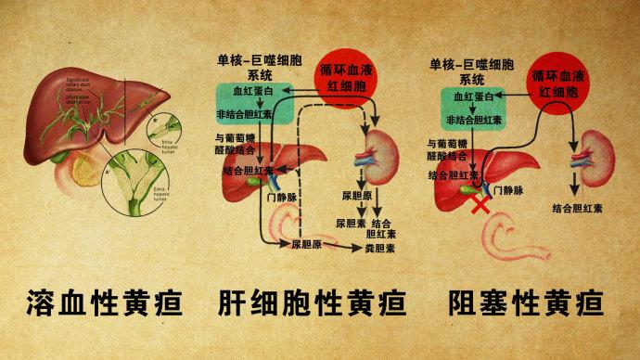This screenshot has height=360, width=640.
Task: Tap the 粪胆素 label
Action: point(378,249)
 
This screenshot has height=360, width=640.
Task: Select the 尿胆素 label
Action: point(352,224)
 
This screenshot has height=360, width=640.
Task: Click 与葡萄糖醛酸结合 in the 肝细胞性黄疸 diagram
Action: point(232,144)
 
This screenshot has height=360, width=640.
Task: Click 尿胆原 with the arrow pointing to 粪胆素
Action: point(306,245)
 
